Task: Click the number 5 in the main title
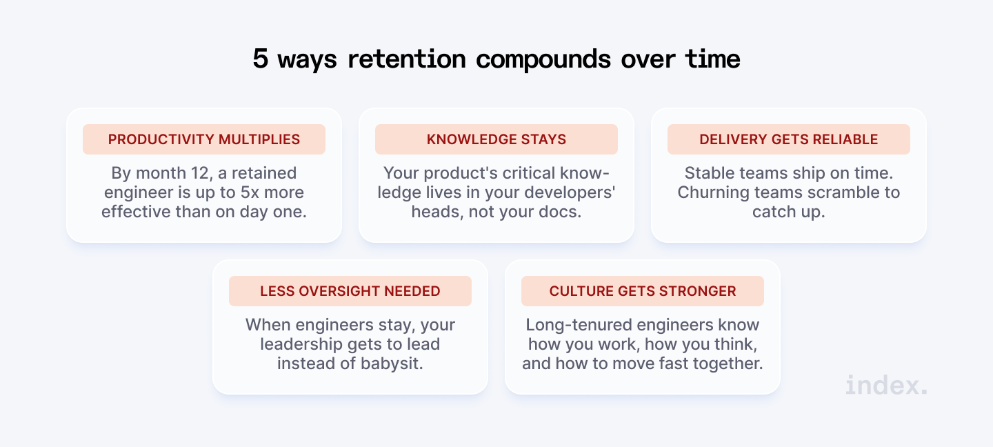(260, 59)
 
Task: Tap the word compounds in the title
(543, 60)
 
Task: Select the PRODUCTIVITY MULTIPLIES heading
(204, 139)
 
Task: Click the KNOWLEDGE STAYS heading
(496, 139)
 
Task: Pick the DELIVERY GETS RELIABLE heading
(789, 139)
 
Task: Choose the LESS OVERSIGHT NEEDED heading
(350, 291)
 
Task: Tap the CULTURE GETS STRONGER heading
(643, 291)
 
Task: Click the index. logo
(886, 385)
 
